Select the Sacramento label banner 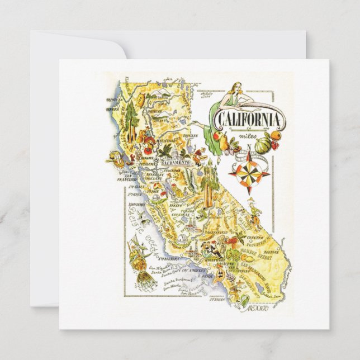pos(177,161)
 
